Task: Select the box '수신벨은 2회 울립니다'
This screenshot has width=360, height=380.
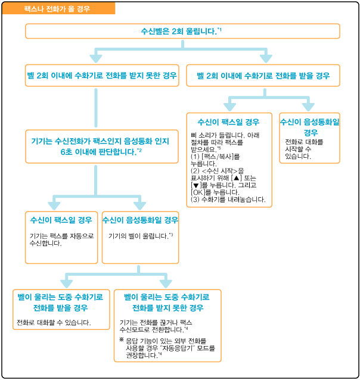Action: click(x=182, y=31)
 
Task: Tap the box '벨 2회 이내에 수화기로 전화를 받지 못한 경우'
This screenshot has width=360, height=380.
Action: click(x=102, y=76)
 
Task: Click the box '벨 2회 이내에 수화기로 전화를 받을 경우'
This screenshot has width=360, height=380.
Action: click(x=263, y=76)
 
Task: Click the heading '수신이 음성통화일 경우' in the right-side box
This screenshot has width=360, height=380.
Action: click(x=310, y=126)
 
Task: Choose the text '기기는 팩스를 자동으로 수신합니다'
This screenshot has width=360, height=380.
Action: click(x=61, y=239)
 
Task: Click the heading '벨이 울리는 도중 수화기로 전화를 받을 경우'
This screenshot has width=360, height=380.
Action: click(x=61, y=302)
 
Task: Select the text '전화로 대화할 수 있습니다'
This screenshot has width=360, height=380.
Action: click(x=54, y=323)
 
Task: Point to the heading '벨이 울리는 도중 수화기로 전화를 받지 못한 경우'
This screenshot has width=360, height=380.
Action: click(x=167, y=302)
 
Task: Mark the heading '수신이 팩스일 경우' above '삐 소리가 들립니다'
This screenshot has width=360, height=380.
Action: click(x=229, y=121)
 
